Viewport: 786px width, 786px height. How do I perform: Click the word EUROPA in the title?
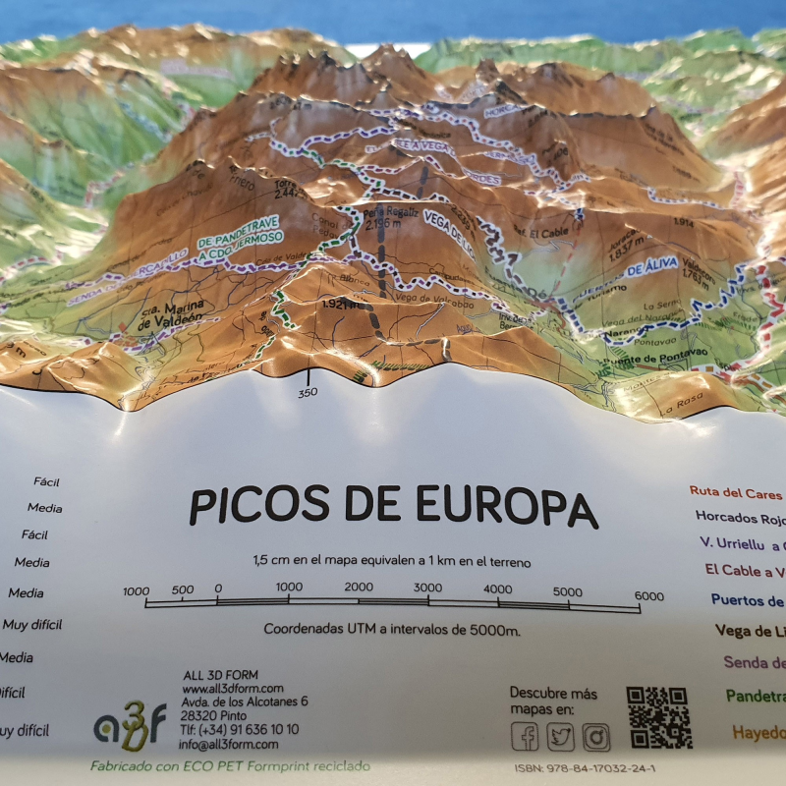coord(507,505)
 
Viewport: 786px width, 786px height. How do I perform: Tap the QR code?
coord(659,718)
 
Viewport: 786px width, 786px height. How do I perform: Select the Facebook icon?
coord(525,736)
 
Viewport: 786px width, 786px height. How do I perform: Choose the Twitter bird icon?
coord(560,736)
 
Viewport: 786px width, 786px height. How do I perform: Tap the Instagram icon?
coord(595,736)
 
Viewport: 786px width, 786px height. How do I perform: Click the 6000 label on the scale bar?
coord(648,595)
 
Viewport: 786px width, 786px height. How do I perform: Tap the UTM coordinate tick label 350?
coord(308,393)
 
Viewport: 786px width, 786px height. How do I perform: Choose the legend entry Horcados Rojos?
coord(739,516)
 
